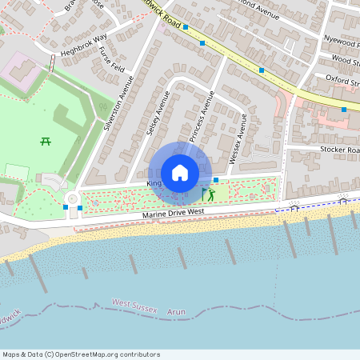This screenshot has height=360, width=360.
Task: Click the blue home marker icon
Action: point(179,173)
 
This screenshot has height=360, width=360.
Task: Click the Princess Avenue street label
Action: point(201,117)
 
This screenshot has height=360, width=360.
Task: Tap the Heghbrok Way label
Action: point(83,46)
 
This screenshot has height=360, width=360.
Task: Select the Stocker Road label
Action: point(340,150)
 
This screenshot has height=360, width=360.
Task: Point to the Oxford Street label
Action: point(343,78)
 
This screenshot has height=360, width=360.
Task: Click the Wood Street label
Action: point(346,59)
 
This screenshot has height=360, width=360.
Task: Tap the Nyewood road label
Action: point(342,39)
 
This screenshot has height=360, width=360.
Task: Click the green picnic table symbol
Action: point(46,141)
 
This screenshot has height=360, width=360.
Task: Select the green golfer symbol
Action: point(211,194)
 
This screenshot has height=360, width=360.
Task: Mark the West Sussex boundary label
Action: point(133,304)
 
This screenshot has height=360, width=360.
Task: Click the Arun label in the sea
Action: point(178,311)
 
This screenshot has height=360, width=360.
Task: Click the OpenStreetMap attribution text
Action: point(80,354)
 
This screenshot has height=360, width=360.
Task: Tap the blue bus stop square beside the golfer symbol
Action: point(216,180)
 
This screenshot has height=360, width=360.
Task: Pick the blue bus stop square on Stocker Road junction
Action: point(344,109)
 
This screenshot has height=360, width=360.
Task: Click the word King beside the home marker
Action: point(154,183)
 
